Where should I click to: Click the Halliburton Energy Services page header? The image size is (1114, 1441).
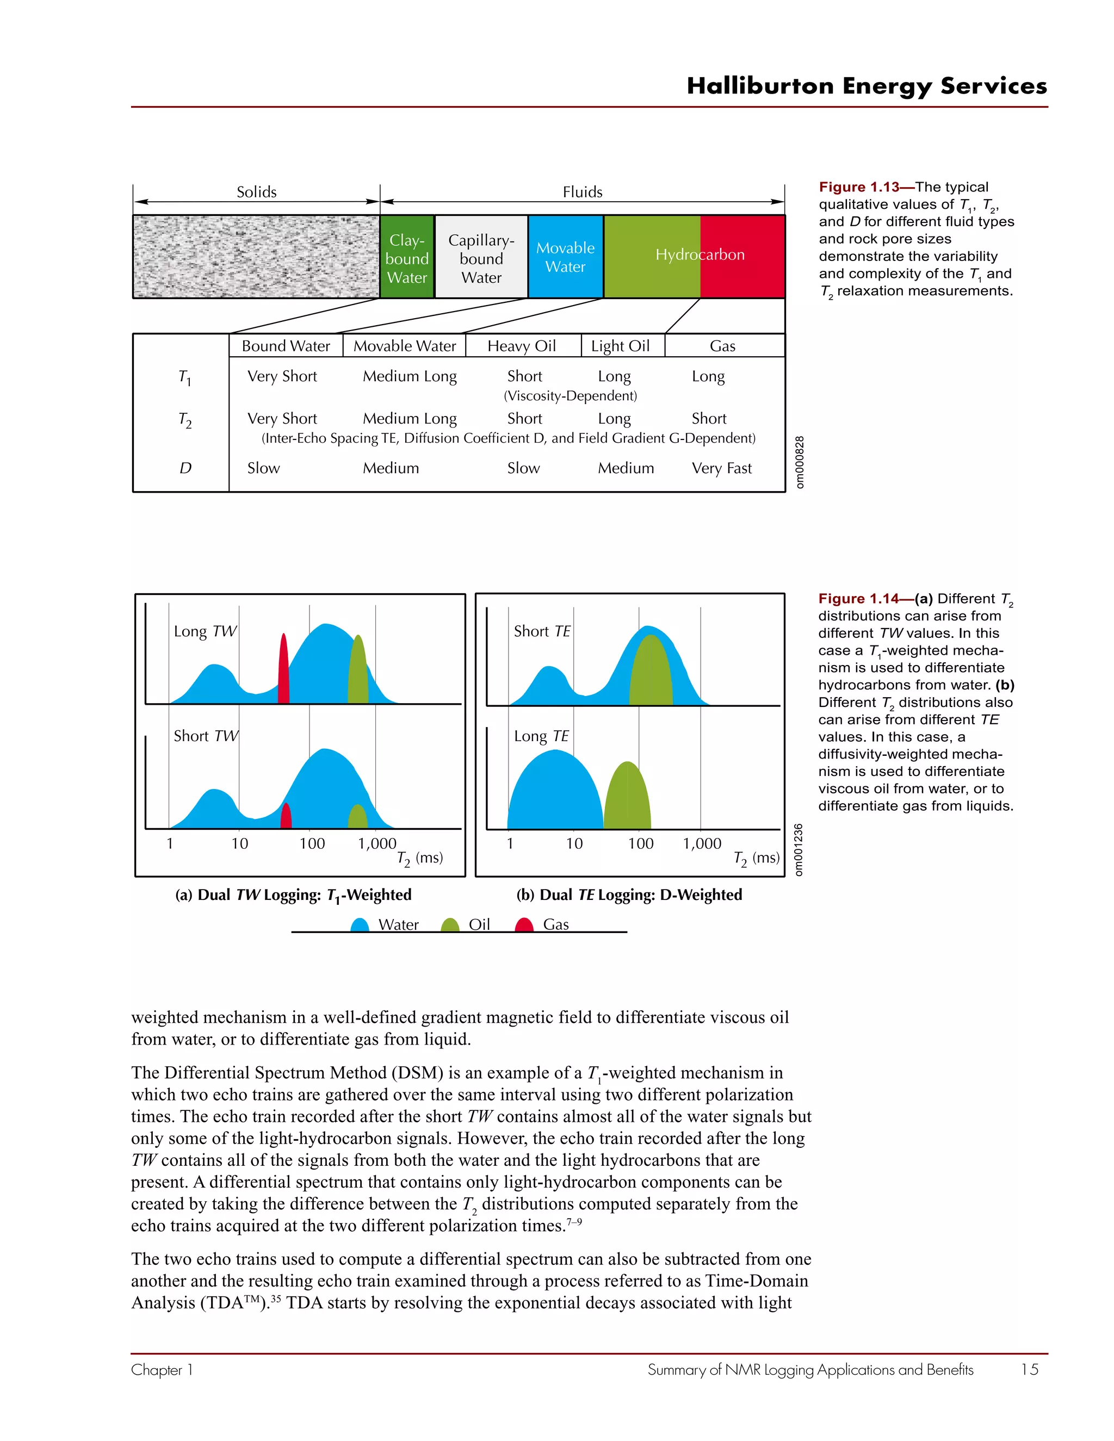tap(867, 86)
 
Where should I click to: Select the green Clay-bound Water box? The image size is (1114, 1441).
tap(407, 257)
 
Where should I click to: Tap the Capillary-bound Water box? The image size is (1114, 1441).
tap(481, 257)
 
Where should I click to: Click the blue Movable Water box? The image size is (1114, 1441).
tap(566, 257)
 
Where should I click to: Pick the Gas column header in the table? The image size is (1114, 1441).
tap(723, 346)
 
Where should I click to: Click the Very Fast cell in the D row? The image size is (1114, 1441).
tap(721, 468)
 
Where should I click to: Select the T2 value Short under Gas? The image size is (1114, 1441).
tap(709, 418)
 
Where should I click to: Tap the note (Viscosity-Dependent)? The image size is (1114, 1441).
tap(570, 396)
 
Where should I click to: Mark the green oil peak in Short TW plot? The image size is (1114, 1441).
tap(358, 818)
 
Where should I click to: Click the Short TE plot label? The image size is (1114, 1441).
tap(542, 631)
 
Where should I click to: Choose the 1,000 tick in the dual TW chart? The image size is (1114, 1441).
tap(377, 843)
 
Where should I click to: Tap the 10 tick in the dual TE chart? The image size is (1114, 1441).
tap(574, 843)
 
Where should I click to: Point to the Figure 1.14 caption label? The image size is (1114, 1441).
tap(858, 599)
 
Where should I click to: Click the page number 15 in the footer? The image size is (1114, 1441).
tap(1030, 1370)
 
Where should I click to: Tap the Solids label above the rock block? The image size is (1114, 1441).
tap(257, 192)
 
